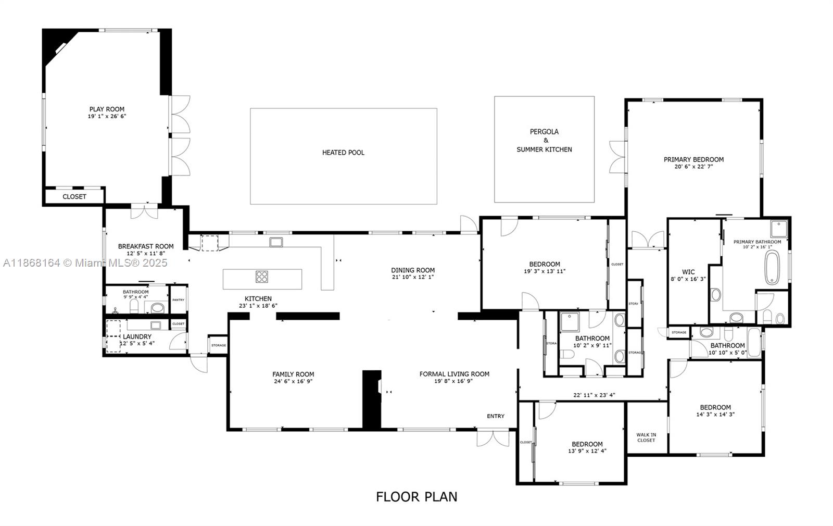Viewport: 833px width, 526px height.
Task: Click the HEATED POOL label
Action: tap(343, 153)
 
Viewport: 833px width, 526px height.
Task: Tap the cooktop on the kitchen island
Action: tap(262, 277)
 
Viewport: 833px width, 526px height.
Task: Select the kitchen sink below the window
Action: tap(276, 242)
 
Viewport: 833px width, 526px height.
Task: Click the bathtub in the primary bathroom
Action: tap(772, 267)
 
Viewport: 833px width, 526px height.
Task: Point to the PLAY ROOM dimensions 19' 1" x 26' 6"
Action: tap(107, 117)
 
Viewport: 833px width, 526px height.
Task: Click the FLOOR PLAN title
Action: tap(416, 497)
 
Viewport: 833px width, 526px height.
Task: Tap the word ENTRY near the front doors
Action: tap(496, 416)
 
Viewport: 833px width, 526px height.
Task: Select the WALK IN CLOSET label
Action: tap(646, 437)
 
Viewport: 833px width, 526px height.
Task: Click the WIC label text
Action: tap(688, 272)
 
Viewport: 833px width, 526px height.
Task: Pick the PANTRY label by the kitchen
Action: tap(178, 300)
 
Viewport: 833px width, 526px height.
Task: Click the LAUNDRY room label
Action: tap(137, 337)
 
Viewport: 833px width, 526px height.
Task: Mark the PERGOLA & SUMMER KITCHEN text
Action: tap(544, 141)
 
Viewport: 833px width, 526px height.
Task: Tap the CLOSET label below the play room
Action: tap(74, 197)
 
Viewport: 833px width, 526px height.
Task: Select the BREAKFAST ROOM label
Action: tap(146, 246)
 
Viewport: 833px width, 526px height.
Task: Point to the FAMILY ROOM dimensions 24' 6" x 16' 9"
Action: tap(293, 381)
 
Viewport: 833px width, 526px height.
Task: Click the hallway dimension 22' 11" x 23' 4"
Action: tap(594, 395)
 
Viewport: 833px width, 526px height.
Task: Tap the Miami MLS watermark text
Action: tap(86, 263)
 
